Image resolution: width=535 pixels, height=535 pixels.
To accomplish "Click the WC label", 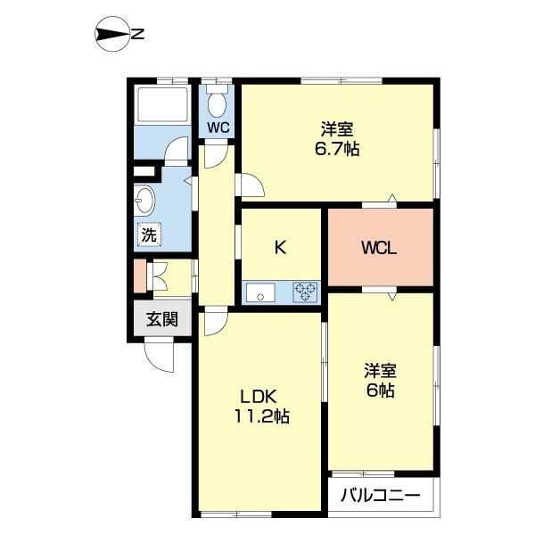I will pos(218,128).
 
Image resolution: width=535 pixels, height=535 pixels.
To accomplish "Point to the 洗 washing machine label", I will pos(148,236).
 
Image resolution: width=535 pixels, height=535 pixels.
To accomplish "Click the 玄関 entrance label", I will pos(162,319).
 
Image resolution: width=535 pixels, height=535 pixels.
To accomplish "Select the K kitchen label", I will pos(279,248).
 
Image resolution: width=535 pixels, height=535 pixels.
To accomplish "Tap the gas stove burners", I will pos(306,292).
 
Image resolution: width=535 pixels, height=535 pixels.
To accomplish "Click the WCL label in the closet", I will pos(379,247).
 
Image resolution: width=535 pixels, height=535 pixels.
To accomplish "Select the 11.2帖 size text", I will pos(262,416).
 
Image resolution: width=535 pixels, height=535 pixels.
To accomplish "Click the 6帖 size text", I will pos(379,390).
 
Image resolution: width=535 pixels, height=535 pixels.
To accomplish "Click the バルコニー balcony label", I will pos(379,495).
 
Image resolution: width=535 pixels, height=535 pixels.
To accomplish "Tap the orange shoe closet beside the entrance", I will pos(140,276).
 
